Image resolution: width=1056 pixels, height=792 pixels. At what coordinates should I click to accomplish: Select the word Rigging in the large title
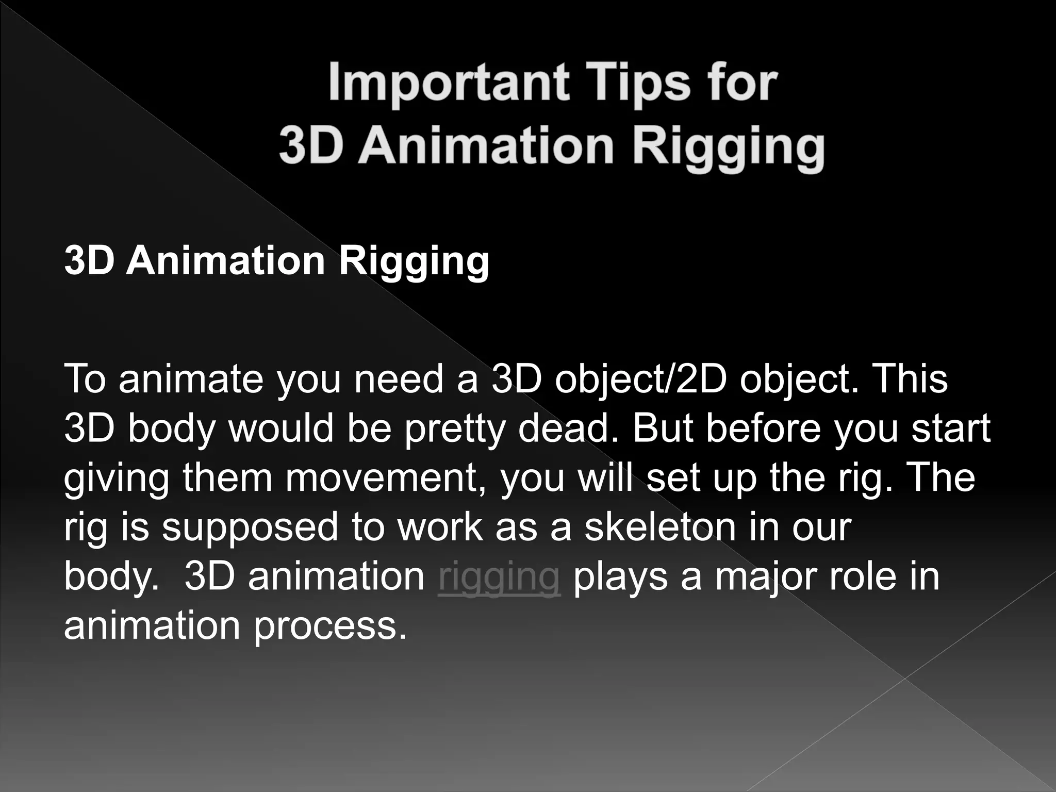click(729, 146)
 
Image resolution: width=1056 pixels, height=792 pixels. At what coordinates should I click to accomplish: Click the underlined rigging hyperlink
click(499, 577)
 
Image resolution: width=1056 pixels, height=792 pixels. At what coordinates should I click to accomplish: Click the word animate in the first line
click(191, 379)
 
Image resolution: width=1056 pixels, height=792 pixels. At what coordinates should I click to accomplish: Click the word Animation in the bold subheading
click(226, 260)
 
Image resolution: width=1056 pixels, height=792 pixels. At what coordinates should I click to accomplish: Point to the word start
click(951, 429)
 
